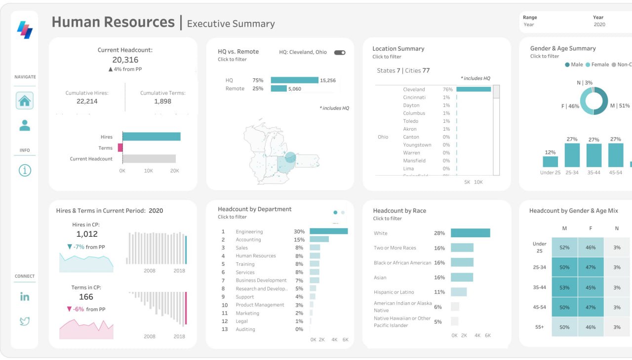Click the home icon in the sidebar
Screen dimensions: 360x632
[25, 101]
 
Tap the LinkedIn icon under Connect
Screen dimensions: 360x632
[25, 296]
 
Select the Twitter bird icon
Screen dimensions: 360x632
[25, 322]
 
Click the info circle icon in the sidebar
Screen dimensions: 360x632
[25, 171]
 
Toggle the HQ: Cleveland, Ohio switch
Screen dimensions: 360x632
[340, 52]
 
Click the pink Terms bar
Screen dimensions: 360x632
[120, 147]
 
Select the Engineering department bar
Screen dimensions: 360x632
[328, 231]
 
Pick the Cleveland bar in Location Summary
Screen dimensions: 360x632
[473, 89]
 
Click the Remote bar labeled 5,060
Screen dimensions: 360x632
[278, 89]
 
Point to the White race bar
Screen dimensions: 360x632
[470, 233]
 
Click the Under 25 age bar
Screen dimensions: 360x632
[550, 162]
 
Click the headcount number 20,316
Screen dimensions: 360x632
[125, 60]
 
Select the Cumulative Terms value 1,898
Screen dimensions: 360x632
[162, 101]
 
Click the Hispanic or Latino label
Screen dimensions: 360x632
[394, 292]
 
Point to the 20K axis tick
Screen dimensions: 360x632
[174, 170]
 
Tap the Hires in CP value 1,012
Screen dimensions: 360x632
[86, 234]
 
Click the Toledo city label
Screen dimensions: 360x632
[410, 121]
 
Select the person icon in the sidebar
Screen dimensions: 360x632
[25, 126]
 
